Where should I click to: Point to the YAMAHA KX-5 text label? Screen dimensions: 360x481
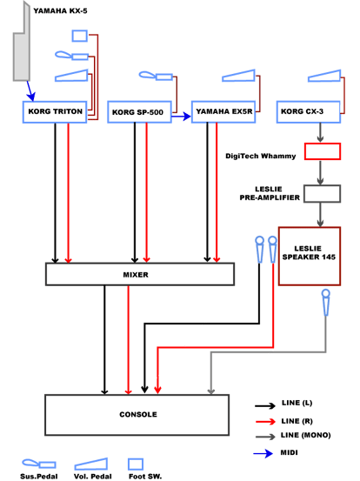(x=60, y=11)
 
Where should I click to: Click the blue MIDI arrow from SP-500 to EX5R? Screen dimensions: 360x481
(x=181, y=117)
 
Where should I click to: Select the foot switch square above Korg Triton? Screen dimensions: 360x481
(x=80, y=36)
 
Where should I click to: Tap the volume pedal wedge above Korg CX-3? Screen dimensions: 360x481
(x=324, y=76)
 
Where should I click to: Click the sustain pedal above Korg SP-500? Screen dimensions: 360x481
(x=156, y=76)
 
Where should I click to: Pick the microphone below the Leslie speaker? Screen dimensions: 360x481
(x=326, y=303)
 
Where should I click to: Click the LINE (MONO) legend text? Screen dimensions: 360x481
(x=306, y=435)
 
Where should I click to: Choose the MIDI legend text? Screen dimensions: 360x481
(x=290, y=453)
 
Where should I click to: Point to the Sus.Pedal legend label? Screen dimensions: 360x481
(x=39, y=477)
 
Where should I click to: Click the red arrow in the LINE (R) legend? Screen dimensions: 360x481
(x=265, y=422)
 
